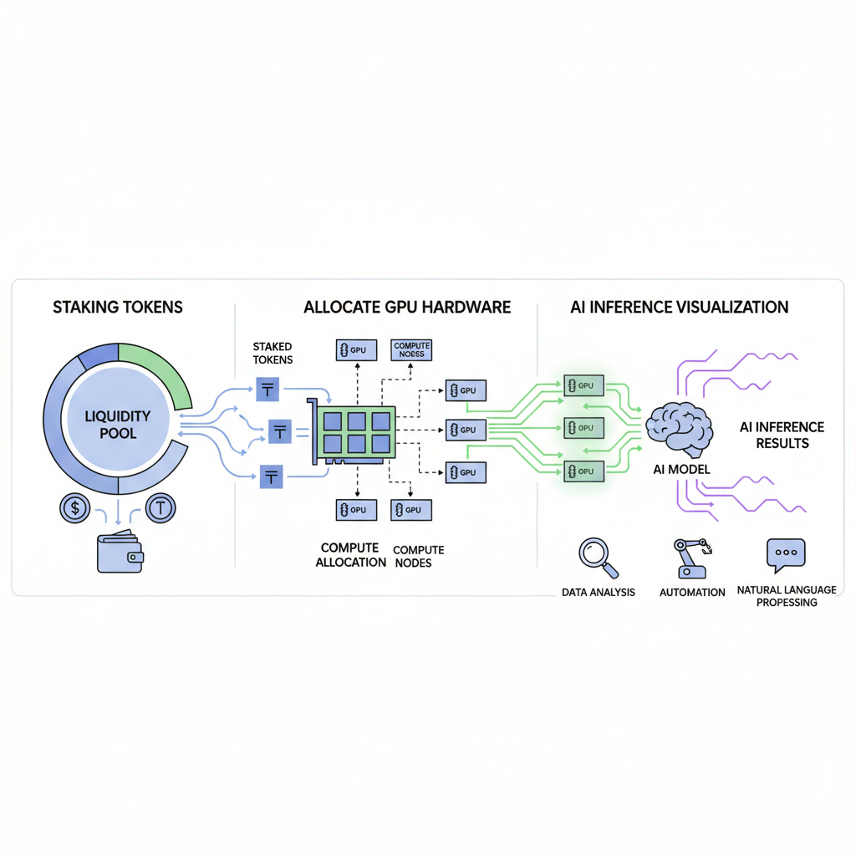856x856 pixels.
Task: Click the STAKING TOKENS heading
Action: pyautogui.click(x=118, y=308)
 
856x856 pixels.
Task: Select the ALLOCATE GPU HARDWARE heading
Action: pyautogui.click(x=407, y=308)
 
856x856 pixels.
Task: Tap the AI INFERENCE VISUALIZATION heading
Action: pyautogui.click(x=680, y=308)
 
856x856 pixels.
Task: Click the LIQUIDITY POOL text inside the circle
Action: pyautogui.click(x=118, y=425)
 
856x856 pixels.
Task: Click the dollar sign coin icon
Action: pyautogui.click(x=76, y=508)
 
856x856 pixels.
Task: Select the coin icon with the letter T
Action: pyautogui.click(x=160, y=508)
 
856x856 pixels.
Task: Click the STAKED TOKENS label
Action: pyautogui.click(x=273, y=353)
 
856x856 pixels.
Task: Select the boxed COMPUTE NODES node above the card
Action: pyautogui.click(x=411, y=349)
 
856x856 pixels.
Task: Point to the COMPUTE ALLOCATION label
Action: pyautogui.click(x=351, y=556)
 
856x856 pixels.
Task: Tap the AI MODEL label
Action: pyautogui.click(x=681, y=470)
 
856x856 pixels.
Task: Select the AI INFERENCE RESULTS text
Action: pyautogui.click(x=782, y=435)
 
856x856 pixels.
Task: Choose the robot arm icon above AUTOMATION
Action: pyautogui.click(x=692, y=558)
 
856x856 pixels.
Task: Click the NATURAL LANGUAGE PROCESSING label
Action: pyautogui.click(x=787, y=596)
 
